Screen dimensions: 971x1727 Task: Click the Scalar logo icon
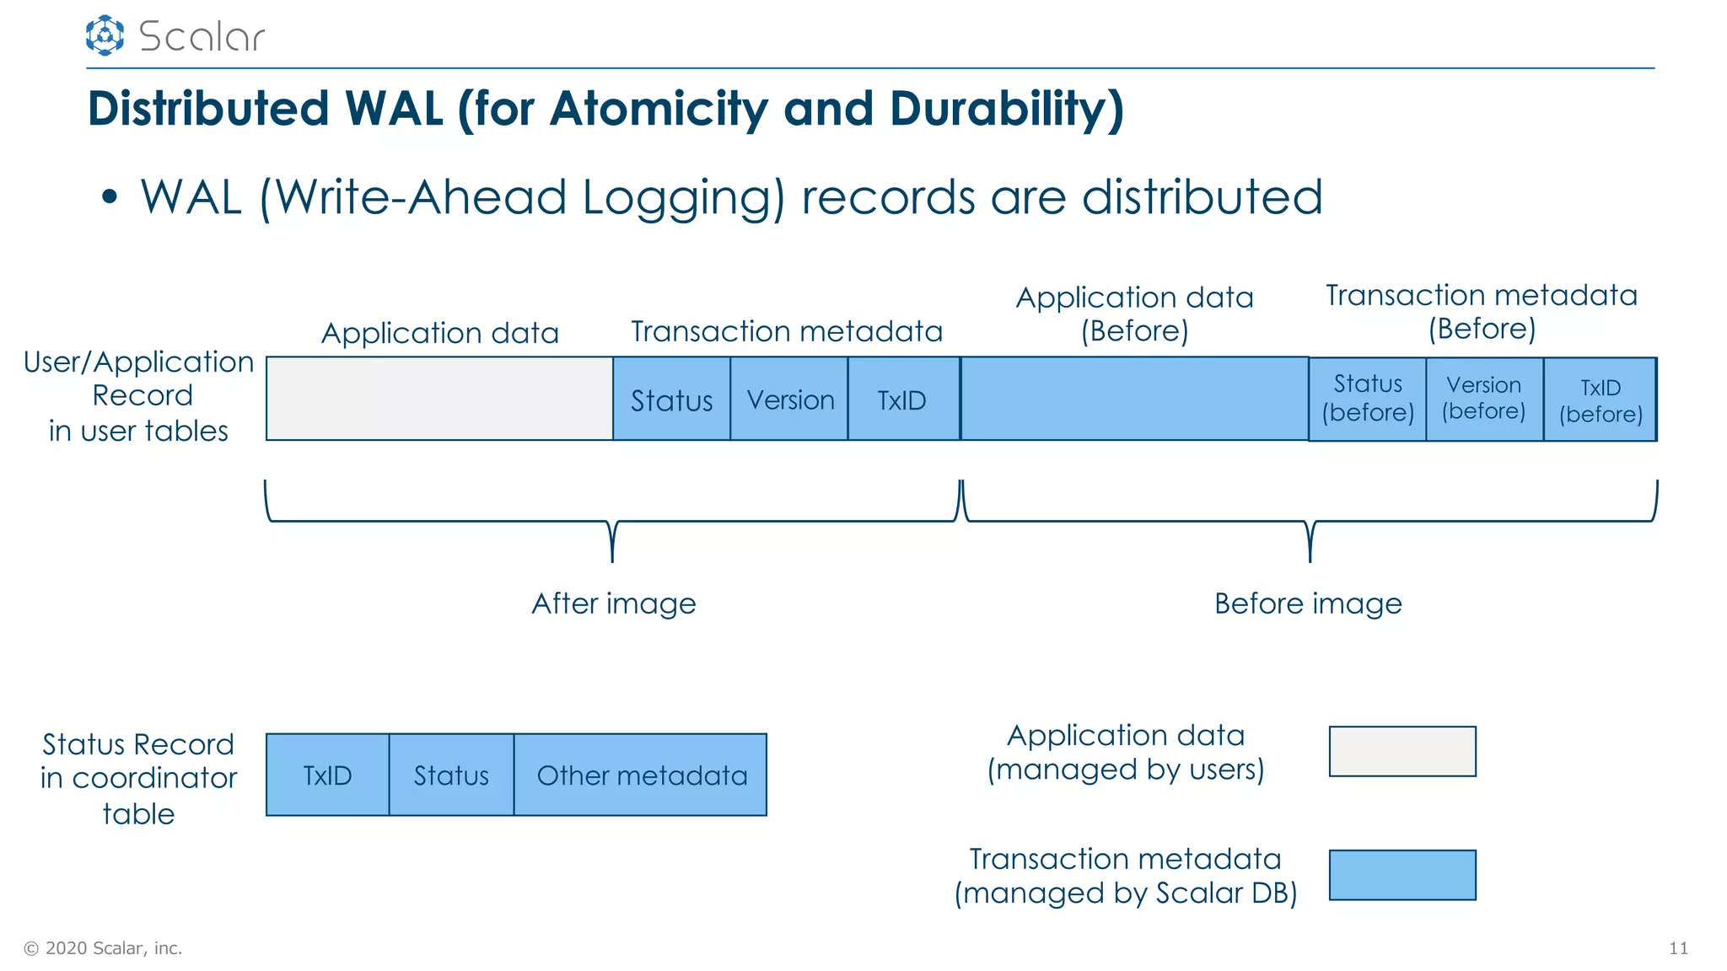[x=105, y=35]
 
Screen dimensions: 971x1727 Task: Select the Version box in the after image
[x=789, y=400]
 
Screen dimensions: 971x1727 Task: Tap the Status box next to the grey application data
[x=671, y=400]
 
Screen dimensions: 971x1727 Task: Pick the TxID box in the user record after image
[x=902, y=400]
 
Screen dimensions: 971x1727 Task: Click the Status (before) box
[x=1367, y=399]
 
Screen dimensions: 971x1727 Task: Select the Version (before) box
[x=1484, y=399]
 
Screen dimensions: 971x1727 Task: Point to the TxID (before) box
[x=1600, y=400]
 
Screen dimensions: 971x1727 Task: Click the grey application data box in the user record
[x=439, y=399]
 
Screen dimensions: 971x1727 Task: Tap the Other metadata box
[x=641, y=775]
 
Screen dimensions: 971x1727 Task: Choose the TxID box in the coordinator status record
[x=327, y=775]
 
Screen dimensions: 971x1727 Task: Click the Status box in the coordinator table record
[x=451, y=775]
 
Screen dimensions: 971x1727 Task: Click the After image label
[x=614, y=604]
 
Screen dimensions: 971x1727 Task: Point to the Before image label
[x=1308, y=604]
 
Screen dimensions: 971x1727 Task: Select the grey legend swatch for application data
[x=1402, y=751]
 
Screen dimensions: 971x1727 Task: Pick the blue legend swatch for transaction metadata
[x=1402, y=875]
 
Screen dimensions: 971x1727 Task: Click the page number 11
[x=1678, y=948]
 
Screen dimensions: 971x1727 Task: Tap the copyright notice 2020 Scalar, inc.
[x=103, y=948]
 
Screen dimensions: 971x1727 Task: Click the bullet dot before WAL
[x=109, y=197]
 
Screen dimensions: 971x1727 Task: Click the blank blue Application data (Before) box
[x=1134, y=399]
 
